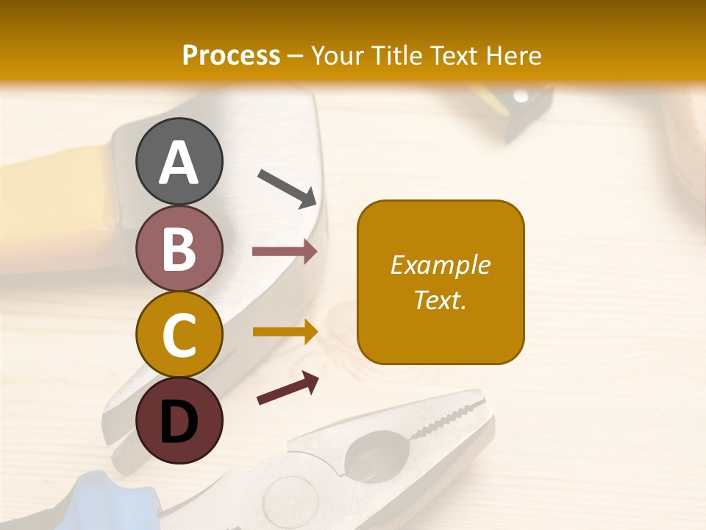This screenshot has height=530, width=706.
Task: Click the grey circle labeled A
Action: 179,161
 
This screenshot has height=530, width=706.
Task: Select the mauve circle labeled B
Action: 179,248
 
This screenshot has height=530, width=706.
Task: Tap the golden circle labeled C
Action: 179,334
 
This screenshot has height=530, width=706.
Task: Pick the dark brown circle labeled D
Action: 179,420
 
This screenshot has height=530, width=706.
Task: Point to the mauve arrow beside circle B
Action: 285,252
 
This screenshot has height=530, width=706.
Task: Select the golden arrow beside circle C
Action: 285,332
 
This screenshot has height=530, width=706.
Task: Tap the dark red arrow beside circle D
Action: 288,388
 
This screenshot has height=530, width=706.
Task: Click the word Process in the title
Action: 231,55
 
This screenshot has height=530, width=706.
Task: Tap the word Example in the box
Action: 441,265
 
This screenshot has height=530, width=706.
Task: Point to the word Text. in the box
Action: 441,300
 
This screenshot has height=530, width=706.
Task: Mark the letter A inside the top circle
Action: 179,163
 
